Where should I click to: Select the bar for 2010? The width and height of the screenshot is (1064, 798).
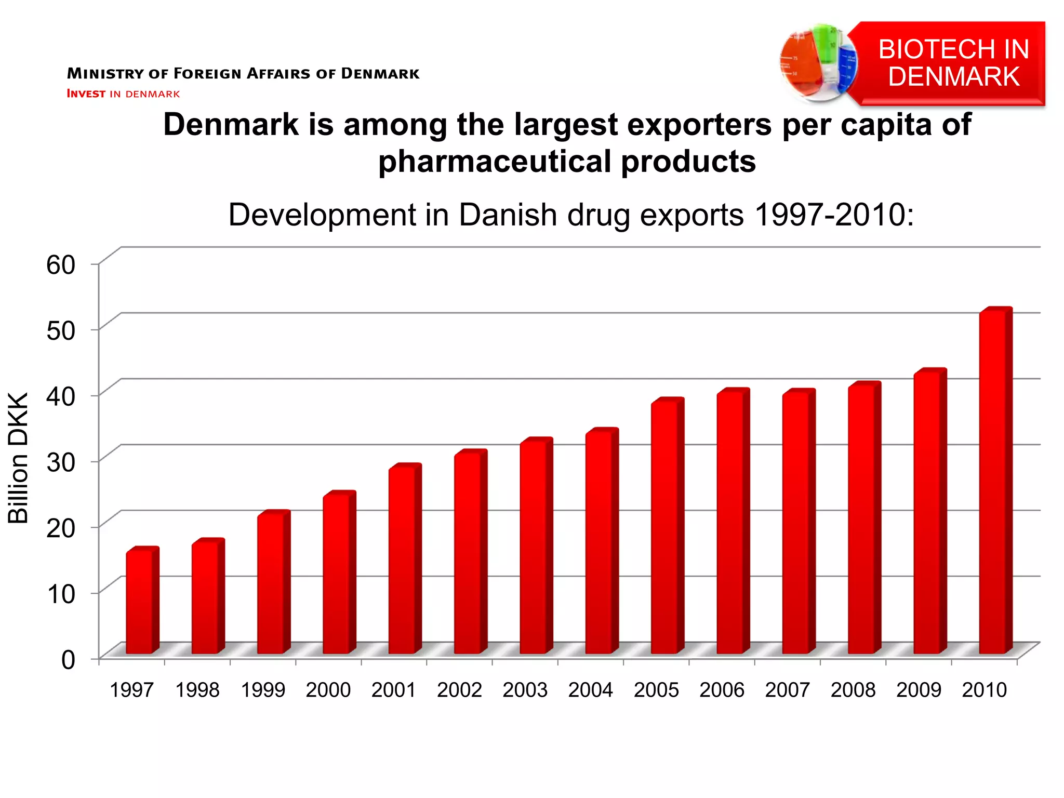(993, 483)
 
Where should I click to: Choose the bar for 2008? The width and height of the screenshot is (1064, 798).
(862, 520)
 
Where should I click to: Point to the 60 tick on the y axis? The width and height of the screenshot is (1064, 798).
(61, 264)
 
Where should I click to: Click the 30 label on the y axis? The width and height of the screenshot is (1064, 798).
(61, 462)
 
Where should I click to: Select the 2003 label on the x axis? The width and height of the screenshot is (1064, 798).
(525, 690)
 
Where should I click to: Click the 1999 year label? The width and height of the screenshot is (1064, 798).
(263, 690)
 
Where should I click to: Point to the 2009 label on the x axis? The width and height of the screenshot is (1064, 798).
(919, 690)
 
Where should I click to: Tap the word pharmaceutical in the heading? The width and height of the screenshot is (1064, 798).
(494, 162)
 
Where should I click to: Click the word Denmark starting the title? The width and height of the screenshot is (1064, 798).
(231, 125)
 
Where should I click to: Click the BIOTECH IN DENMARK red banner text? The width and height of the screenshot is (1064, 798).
(953, 63)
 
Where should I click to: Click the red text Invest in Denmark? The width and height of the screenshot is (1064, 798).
(123, 94)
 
